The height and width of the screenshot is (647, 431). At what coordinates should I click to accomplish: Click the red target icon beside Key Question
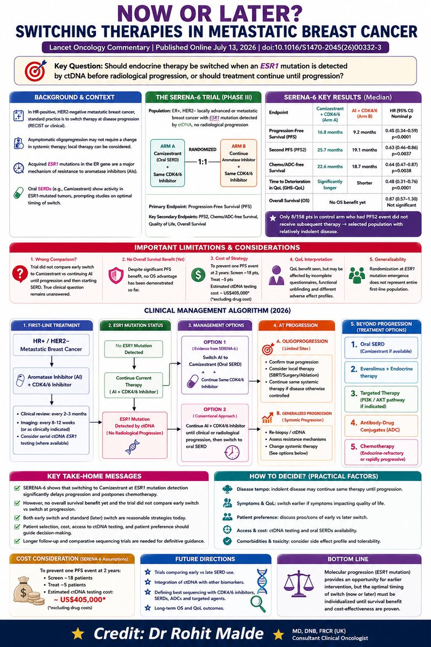tap(35, 70)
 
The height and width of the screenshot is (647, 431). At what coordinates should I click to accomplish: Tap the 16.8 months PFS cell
tap(330, 132)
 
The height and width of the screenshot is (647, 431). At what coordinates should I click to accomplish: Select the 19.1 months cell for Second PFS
tap(364, 150)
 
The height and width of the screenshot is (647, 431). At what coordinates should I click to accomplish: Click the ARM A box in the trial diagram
tap(168, 163)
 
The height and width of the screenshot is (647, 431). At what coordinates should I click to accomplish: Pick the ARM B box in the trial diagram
tap(239, 163)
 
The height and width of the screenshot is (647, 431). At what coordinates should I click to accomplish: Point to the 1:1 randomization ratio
tap(203, 162)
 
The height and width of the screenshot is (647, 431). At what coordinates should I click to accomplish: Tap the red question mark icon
tap(20, 274)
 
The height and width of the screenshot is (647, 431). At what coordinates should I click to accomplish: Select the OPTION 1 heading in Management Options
tap(215, 342)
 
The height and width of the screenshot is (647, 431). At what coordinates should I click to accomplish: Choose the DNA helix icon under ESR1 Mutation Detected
tap(133, 447)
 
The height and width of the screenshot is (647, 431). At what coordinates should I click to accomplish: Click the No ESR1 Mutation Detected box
tap(134, 349)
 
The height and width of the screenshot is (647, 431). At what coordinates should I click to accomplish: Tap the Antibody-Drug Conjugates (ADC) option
tap(381, 426)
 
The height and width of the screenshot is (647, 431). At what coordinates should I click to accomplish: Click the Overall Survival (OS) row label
tap(289, 201)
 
